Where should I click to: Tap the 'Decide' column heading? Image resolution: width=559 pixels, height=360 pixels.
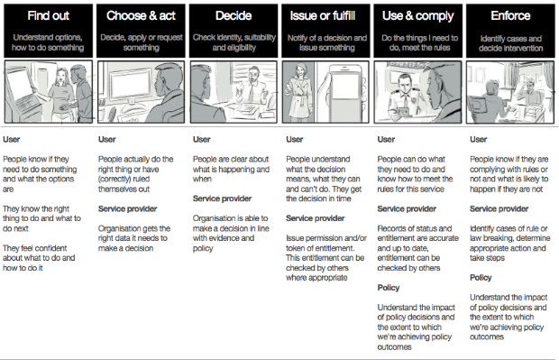(x=233, y=16)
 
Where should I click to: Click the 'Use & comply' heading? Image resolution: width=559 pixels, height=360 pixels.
(x=419, y=16)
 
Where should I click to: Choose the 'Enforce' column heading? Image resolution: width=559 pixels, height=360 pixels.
(x=511, y=16)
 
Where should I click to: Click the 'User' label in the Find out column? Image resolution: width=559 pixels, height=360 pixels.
(x=11, y=138)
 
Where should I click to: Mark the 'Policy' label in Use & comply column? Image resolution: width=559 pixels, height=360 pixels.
(x=389, y=287)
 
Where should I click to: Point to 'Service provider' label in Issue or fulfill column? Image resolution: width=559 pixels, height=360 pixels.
(x=314, y=218)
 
